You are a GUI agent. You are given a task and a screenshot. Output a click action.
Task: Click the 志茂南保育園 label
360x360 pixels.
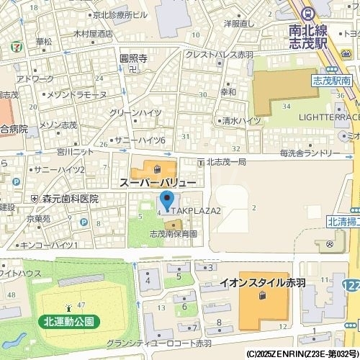(173, 234)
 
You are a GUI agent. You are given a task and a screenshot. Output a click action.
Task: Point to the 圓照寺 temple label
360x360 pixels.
(133, 59)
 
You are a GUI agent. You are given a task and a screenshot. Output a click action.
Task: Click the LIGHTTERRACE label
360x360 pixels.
(328, 117)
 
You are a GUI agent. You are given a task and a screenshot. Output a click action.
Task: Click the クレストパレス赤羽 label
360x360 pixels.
(219, 54)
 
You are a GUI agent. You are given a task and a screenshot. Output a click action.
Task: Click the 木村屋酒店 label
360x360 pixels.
(93, 34)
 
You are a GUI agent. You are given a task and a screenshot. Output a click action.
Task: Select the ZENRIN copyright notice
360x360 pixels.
(302, 354)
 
